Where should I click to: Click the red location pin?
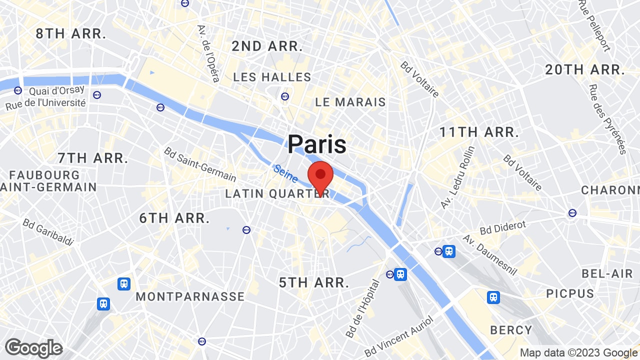coord(320,176)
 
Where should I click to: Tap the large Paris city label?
coord(317,144)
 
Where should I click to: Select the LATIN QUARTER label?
coord(277,193)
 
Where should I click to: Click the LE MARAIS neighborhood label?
coord(350,102)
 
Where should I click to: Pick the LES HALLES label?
coord(272,77)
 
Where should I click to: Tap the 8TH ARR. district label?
coord(71,34)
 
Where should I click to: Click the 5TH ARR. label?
coord(314,282)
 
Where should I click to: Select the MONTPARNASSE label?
coord(190,296)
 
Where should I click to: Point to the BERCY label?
coord(511,330)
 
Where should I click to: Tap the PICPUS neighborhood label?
coord(570,293)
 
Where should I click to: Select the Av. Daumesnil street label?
coord(489,255)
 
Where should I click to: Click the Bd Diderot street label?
coord(503,228)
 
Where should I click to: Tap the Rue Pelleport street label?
coord(594,25)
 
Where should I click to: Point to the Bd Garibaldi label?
coord(48,232)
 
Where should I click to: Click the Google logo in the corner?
coord(33,348)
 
